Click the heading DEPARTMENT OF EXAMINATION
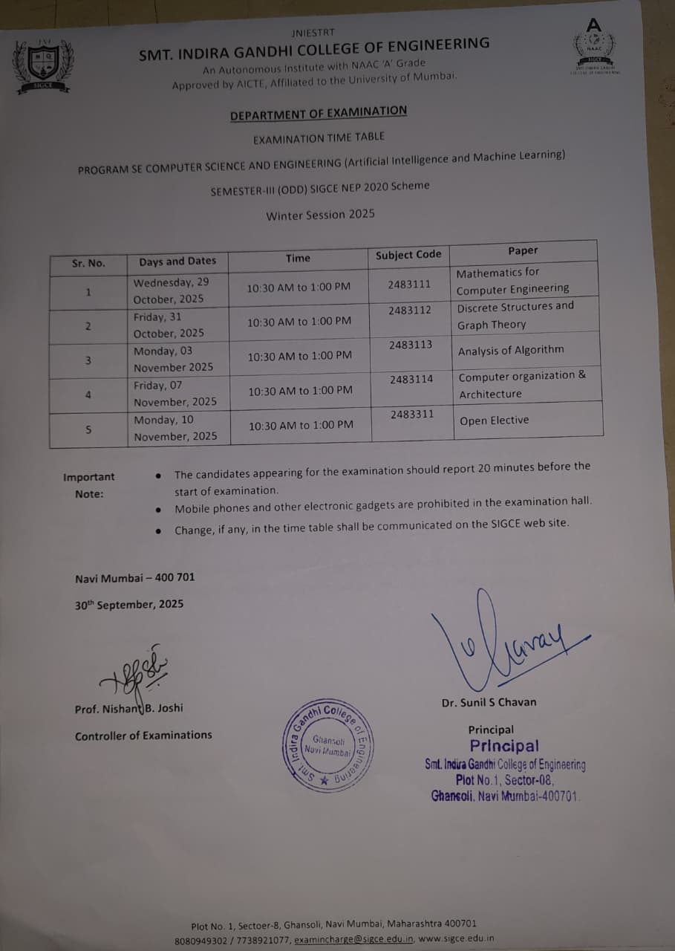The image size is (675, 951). coord(318,114)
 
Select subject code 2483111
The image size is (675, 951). coord(408,284)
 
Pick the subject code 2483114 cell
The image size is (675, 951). coord(411,379)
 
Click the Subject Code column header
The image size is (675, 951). coord(408,255)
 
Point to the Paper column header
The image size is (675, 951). coord(523,250)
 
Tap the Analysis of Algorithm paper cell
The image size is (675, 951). coord(511,350)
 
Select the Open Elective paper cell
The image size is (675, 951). coord(494,421)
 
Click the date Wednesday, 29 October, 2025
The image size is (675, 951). coord(171,291)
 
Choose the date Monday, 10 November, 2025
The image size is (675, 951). coord(175,428)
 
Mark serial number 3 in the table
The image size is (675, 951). coord(88,360)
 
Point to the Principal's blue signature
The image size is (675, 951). coord(512,642)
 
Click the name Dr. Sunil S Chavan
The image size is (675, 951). coord(489,702)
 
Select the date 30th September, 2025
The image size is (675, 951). coord(129,605)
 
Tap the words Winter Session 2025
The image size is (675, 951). coord(320,215)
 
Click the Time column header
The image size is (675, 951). coord(298,258)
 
